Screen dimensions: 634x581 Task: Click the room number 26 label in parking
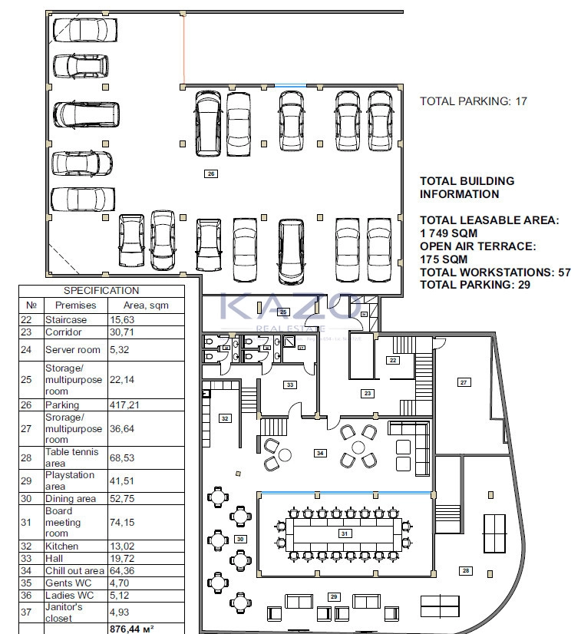click(x=212, y=174)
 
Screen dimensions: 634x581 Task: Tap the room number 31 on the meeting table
click(x=345, y=533)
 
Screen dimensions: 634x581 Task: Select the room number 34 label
click(x=319, y=454)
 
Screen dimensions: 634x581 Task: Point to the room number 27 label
click(x=464, y=382)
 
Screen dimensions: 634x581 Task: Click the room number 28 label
click(x=465, y=570)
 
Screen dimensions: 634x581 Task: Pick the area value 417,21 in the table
click(x=124, y=405)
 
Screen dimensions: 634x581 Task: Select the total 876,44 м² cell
click(x=132, y=628)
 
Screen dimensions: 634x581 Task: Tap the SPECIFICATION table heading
click(x=101, y=291)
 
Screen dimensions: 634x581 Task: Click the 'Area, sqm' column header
click(x=145, y=305)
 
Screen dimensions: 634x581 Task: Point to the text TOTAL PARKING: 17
click(x=474, y=101)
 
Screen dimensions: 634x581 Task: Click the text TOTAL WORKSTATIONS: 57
click(x=495, y=272)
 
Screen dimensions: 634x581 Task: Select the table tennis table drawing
click(x=493, y=530)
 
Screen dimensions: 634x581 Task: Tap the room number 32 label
click(x=225, y=418)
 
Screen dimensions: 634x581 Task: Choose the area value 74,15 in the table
click(x=124, y=522)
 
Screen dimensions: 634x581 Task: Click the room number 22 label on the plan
click(x=393, y=360)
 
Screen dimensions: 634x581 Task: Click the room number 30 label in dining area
click(x=239, y=540)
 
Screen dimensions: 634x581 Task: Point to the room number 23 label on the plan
click(x=368, y=394)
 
